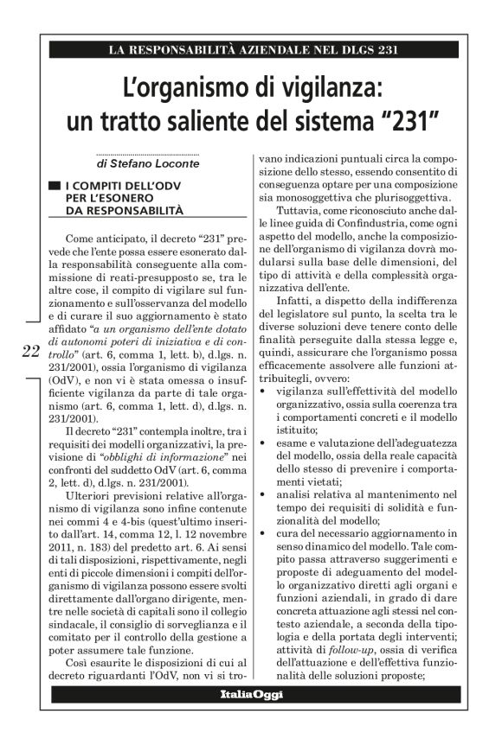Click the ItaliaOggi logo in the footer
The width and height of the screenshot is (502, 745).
pos(250,695)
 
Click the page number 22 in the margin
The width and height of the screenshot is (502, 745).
pos(29,350)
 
